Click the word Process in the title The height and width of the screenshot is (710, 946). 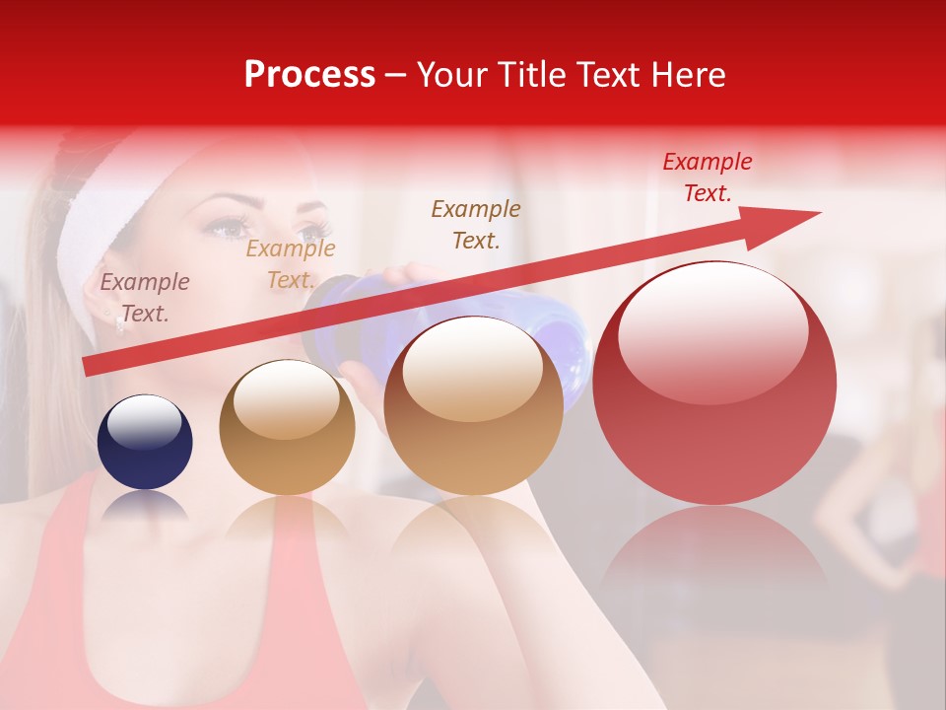pos(309,75)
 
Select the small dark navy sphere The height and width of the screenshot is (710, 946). pos(145,442)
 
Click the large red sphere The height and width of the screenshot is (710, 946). pos(714,385)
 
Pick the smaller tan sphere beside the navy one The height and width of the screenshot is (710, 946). pos(287,427)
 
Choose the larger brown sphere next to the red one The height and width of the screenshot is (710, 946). pos(473,405)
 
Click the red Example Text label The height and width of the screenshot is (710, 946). pos(708,177)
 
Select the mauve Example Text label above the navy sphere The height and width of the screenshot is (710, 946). pos(145,298)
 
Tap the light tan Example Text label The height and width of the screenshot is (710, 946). pos(291,264)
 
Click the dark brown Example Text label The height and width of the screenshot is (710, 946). pos(476,224)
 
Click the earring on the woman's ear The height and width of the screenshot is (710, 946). pos(120,322)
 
